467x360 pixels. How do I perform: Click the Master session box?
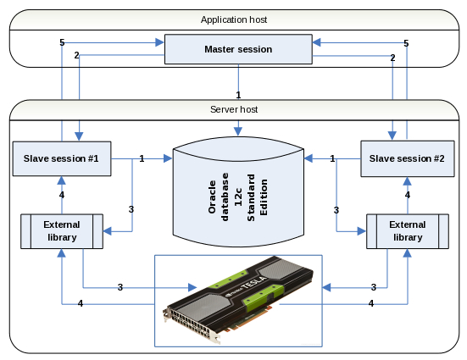tap(238, 49)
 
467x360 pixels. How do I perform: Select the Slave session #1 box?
tap(62, 158)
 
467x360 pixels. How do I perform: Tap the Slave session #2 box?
tap(408, 158)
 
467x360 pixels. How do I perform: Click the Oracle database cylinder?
tap(238, 191)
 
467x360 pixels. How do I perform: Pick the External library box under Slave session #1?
tap(62, 231)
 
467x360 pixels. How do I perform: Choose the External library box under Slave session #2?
tap(408, 231)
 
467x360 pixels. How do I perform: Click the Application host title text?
tap(234, 19)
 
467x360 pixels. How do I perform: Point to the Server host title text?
tap(234, 109)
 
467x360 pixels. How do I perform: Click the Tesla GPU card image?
tap(238, 299)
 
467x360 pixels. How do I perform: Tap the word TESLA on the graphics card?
tap(254, 283)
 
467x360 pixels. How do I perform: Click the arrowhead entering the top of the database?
tap(238, 131)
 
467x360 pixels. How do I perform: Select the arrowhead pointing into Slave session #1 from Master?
tap(79, 136)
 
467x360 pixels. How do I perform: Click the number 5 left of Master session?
tap(62, 42)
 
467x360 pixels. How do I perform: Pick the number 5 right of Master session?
tap(406, 43)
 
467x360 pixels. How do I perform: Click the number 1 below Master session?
tap(238, 95)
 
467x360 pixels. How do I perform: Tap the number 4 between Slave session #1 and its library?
tap(62, 195)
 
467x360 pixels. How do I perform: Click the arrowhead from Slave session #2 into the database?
tap(309, 158)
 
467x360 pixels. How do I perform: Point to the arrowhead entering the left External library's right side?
tap(108, 231)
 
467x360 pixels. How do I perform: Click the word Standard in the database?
tap(251, 197)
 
